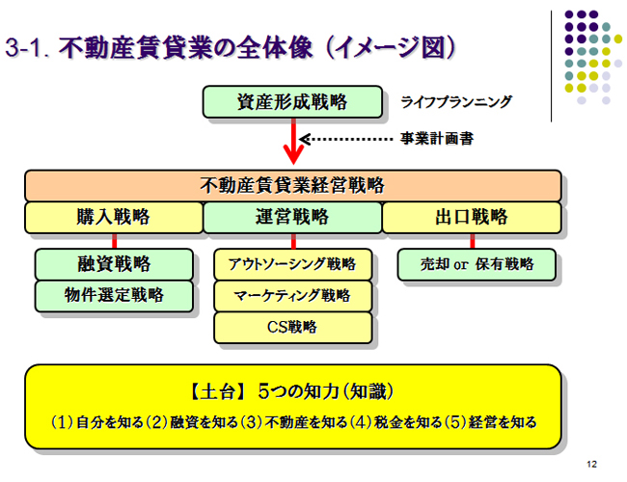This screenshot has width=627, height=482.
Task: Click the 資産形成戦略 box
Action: [292, 101]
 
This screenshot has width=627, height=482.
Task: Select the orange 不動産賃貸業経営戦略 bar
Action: [293, 185]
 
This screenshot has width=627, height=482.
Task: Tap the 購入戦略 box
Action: [114, 218]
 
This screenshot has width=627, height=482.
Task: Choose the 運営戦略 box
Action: [292, 218]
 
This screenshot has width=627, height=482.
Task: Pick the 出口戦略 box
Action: [472, 218]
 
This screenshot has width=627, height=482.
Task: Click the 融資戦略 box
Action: [114, 264]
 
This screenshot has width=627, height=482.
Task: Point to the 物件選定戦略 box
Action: [114, 296]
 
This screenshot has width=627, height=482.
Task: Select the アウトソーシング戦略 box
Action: [293, 264]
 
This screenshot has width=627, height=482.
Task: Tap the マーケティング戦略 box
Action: [293, 296]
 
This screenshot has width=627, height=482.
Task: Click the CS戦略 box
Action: [293, 328]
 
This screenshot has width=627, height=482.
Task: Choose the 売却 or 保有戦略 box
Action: [477, 264]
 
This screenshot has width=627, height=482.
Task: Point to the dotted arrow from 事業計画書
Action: [346, 139]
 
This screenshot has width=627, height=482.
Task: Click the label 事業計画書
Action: [437, 139]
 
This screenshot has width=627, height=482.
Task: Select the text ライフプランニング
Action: [456, 102]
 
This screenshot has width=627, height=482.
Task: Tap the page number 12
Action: [592, 464]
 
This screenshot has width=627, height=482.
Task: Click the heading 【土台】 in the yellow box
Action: [218, 391]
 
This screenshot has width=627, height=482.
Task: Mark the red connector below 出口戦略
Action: [473, 241]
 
